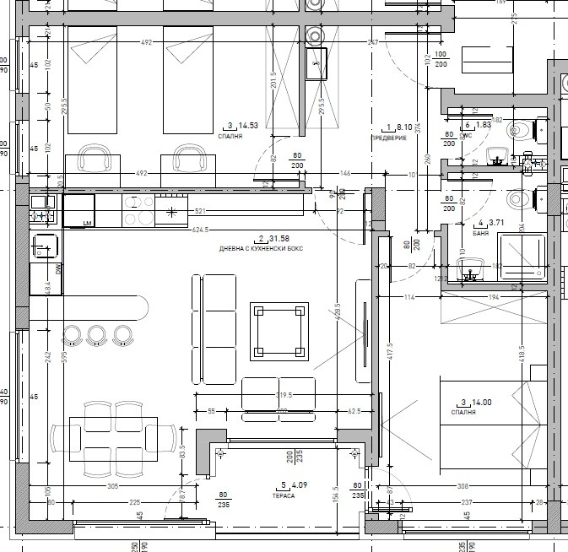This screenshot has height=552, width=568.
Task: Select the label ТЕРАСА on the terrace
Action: coord(284,496)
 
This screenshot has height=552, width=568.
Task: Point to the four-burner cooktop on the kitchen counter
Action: coord(138,211)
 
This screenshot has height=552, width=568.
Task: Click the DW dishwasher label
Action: coord(35,269)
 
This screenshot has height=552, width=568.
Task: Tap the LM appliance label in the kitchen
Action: coord(87,223)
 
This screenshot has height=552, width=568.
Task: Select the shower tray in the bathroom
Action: coord(524,256)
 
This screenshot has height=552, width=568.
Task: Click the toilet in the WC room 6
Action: coord(520,131)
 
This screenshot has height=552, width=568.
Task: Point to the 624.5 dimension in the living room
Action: coord(201,230)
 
